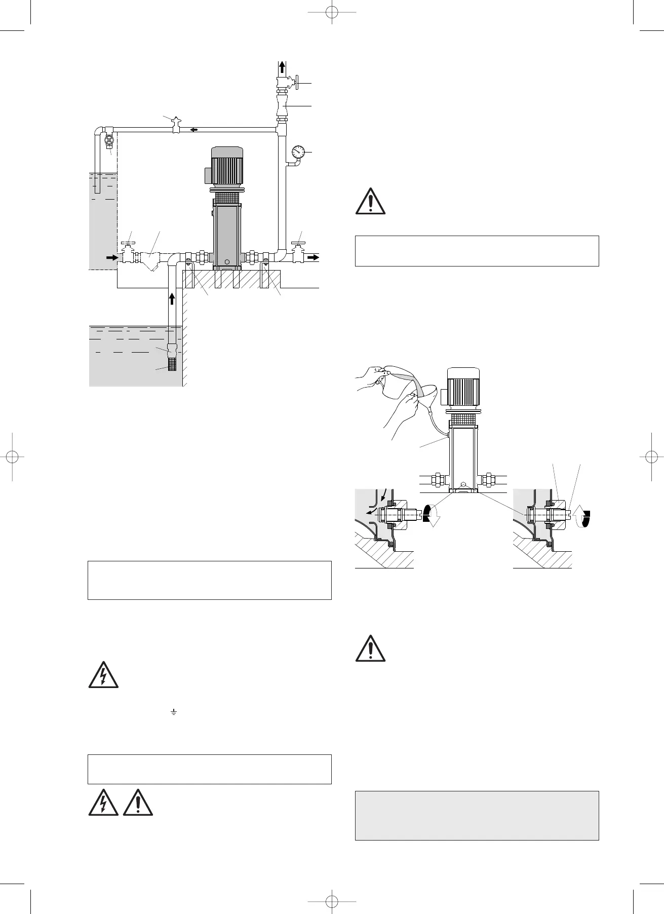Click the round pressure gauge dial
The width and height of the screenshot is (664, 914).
(x=298, y=151)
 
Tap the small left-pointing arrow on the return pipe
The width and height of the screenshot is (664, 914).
(x=193, y=130)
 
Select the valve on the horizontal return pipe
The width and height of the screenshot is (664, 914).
(x=176, y=125)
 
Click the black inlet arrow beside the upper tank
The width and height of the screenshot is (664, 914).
(x=111, y=257)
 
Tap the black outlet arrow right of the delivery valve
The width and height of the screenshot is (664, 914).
(x=314, y=257)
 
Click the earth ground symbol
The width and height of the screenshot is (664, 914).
(x=173, y=713)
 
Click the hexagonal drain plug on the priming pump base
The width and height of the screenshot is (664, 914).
(x=464, y=484)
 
